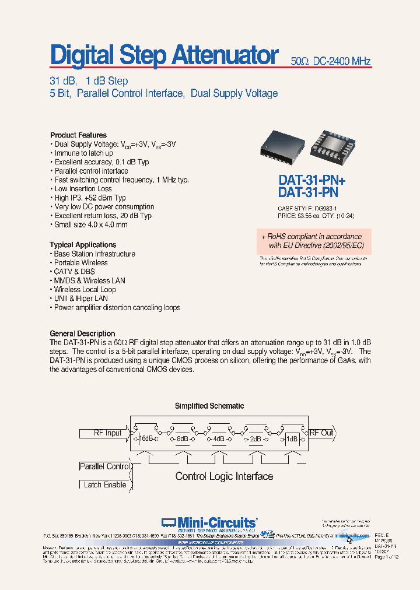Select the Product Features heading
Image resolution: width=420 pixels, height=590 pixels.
(x=78, y=135)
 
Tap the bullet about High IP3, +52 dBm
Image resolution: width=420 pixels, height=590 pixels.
(x=90, y=198)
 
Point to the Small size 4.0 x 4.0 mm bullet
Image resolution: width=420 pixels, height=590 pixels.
(x=90, y=224)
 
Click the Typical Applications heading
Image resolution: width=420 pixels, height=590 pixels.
(x=83, y=245)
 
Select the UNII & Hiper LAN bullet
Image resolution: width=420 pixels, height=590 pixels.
(x=80, y=298)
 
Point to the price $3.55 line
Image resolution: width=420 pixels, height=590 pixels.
(x=316, y=216)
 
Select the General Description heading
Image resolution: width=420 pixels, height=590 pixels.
(x=82, y=334)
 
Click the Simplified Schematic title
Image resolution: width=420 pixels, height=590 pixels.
(x=209, y=406)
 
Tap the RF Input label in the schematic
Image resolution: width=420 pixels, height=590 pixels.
(x=107, y=433)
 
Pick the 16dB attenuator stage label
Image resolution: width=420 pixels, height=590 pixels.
(x=145, y=438)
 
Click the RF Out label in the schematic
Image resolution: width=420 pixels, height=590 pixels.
(x=321, y=433)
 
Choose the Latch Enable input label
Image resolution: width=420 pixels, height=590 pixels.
(x=105, y=484)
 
